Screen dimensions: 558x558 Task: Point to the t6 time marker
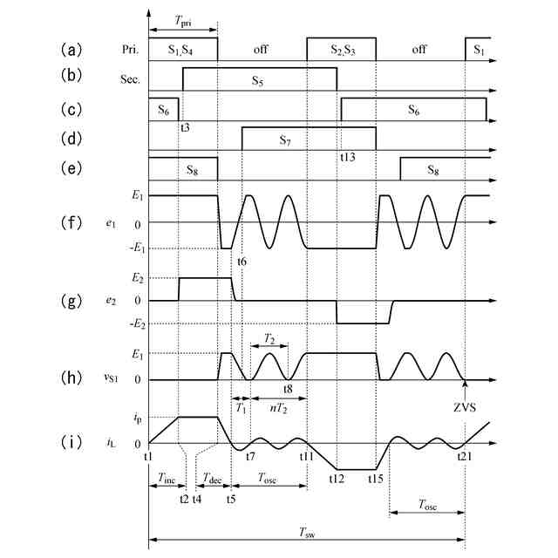242,262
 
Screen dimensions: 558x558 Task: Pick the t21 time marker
466,455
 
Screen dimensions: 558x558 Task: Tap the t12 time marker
337,477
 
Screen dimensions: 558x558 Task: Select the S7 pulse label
284,139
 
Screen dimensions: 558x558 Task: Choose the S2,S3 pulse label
341,50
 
